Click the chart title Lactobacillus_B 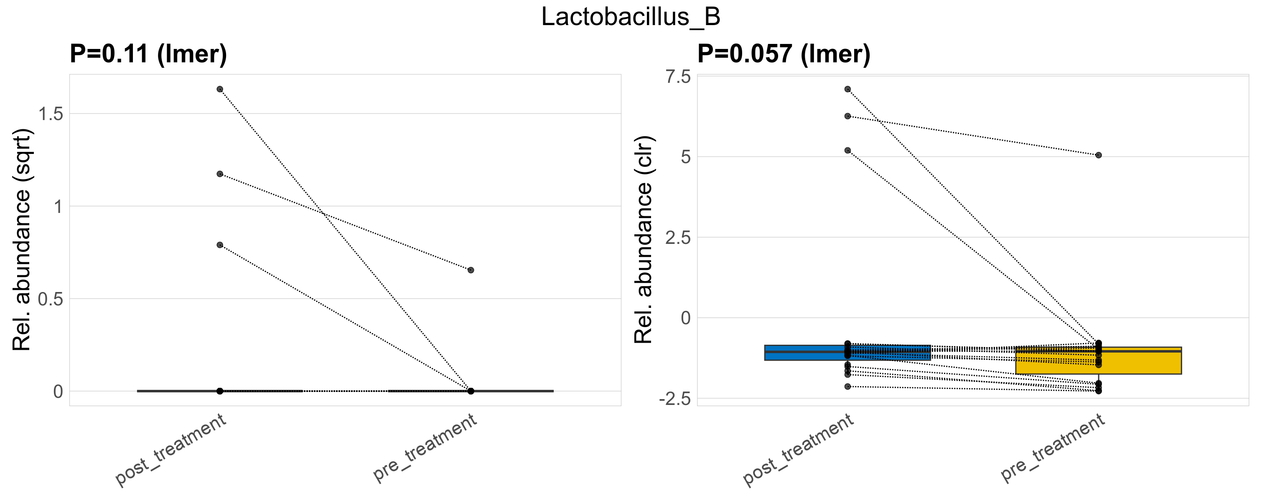pyautogui.click(x=631, y=17)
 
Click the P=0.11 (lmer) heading pyautogui.click(x=148, y=54)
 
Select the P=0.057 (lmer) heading pyautogui.click(x=784, y=54)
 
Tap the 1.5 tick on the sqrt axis pyautogui.click(x=51, y=114)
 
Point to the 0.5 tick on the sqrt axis pyautogui.click(x=51, y=299)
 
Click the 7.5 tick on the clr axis pyautogui.click(x=677, y=77)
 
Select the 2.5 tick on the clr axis pyautogui.click(x=677, y=238)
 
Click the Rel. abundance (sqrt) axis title pyautogui.click(x=22, y=240)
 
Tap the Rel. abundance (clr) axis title pyautogui.click(x=643, y=240)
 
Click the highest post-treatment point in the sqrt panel pyautogui.click(x=220, y=89)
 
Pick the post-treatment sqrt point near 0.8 pyautogui.click(x=220, y=245)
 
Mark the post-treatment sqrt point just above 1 pyautogui.click(x=220, y=174)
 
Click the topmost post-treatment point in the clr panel pyautogui.click(x=847, y=89)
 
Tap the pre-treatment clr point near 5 pyautogui.click(x=1099, y=155)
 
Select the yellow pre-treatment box pyautogui.click(x=1142, y=363)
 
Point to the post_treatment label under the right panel pyautogui.click(x=799, y=450)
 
